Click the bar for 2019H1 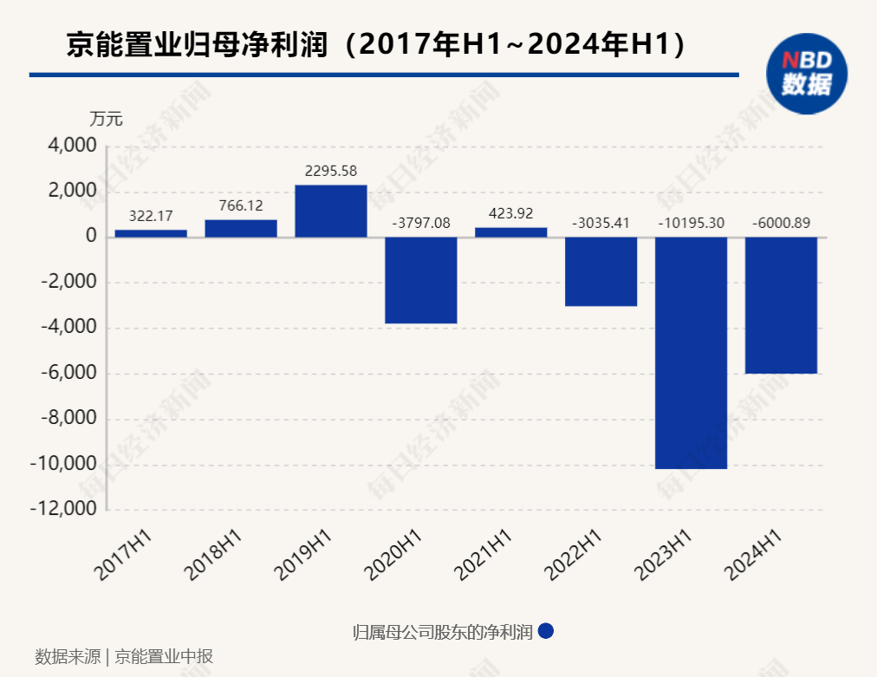[330, 211]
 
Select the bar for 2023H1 [691, 353]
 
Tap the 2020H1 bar [420, 280]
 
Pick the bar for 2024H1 [781, 305]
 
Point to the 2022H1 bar [601, 271]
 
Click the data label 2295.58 [331, 172]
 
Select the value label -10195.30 [691, 223]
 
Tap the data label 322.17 [151, 216]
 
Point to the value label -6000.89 [781, 223]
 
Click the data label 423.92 [511, 213]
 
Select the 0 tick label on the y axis [90, 238]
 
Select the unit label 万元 [107, 120]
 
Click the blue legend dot [545, 632]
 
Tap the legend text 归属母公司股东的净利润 [442, 632]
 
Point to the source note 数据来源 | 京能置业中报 [124, 656]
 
